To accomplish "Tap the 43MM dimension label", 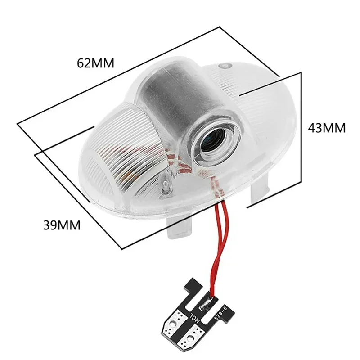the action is pos(327,128).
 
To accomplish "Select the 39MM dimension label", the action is pos(62,225).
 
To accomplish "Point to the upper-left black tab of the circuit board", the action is pos(194,287).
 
